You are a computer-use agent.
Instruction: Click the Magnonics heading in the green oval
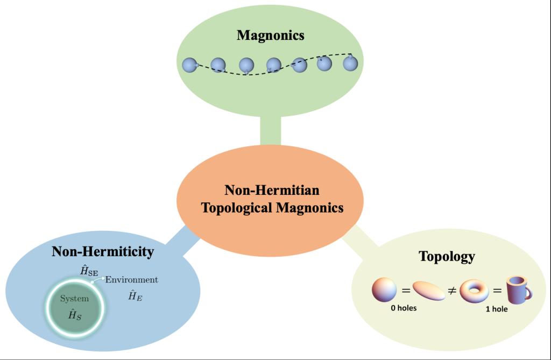point(271,36)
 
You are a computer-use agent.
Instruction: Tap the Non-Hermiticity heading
point(103,251)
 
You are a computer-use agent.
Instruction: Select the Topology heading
point(447,256)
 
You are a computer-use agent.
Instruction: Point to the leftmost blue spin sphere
point(190,65)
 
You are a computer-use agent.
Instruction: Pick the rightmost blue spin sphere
point(350,63)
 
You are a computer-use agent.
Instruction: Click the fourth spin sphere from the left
point(273,66)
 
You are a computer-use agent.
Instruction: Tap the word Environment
point(132,280)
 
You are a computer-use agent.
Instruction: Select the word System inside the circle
point(74,299)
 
